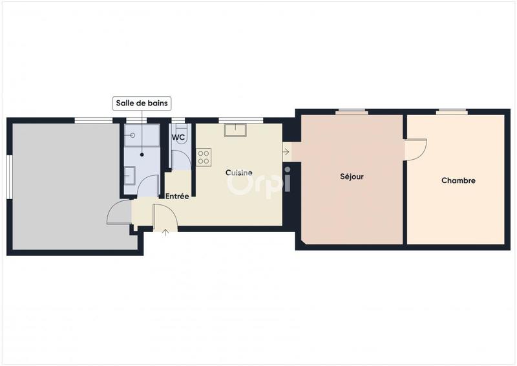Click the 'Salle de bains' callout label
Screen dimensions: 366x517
[143, 103]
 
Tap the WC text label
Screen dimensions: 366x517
[179, 137]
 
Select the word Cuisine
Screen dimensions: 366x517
[238, 173]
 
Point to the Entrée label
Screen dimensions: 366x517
[177, 196]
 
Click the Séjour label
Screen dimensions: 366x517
[352, 176]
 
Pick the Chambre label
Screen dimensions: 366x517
[458, 180]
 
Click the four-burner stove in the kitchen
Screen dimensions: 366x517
[204, 157]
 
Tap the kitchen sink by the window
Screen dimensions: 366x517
[236, 130]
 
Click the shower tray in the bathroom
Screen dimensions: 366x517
[142, 142]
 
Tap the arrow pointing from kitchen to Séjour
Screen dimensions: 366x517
[286, 152]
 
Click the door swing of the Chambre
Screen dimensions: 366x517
[416, 150]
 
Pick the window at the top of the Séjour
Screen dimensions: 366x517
[352, 111]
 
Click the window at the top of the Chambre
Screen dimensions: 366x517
[451, 111]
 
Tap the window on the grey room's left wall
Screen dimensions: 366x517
[10, 177]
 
